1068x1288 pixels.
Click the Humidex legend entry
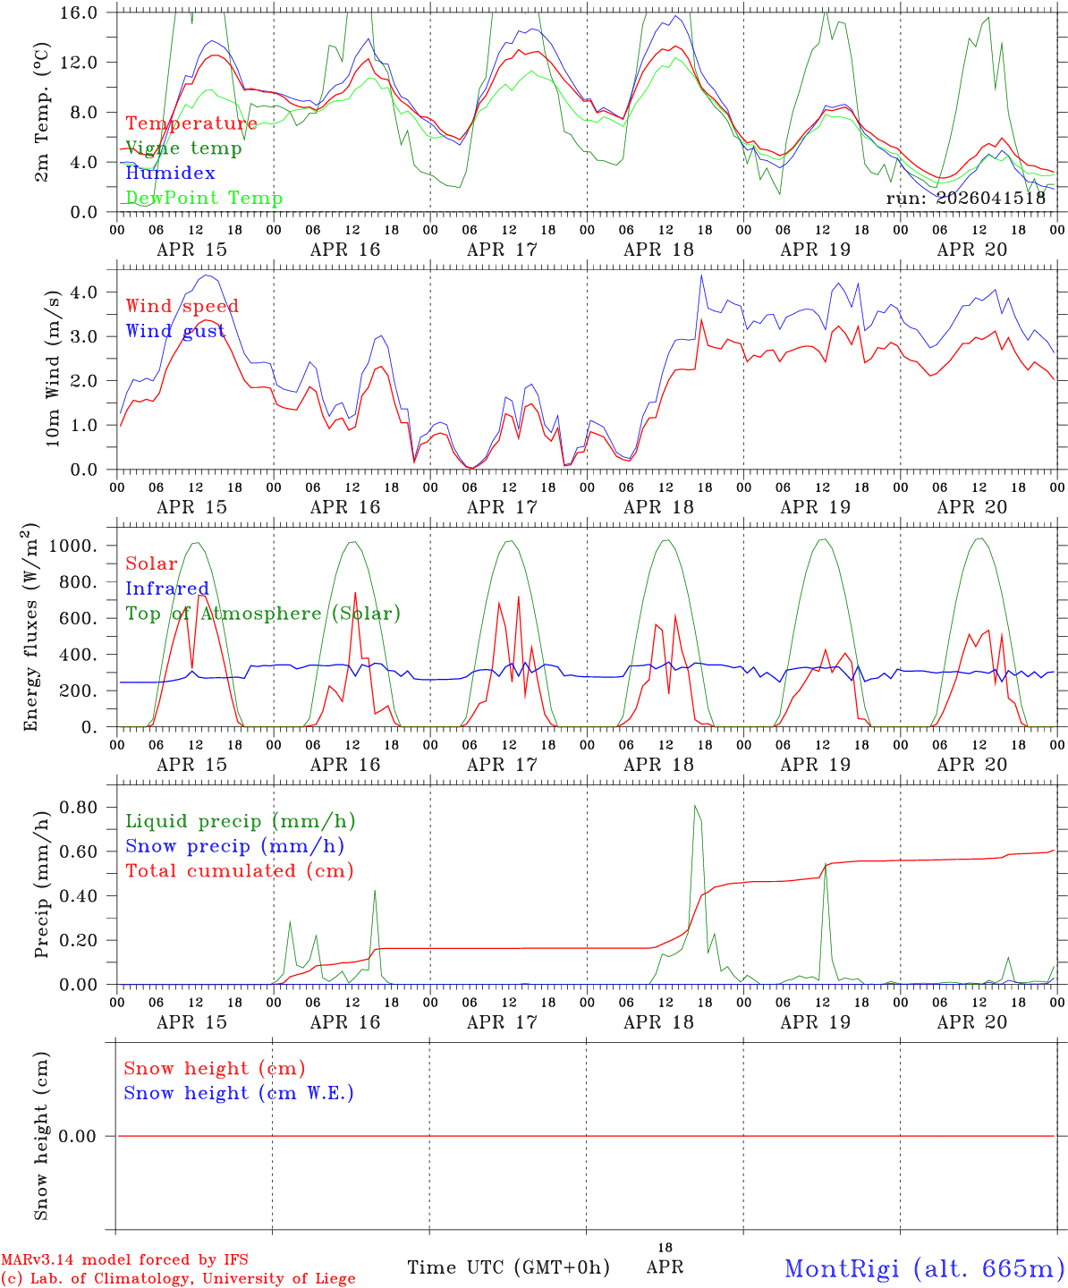pyautogui.click(x=170, y=174)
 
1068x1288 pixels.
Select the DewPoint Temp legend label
pyautogui.click(x=204, y=199)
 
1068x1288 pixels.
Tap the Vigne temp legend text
pyautogui.click(x=183, y=148)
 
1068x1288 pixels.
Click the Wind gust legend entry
pyautogui.click(x=175, y=332)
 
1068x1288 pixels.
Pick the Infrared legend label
pyautogui.click(x=166, y=589)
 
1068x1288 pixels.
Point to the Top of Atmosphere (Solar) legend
pyautogui.click(x=262, y=614)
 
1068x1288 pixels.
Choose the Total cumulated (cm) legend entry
pyautogui.click(x=239, y=871)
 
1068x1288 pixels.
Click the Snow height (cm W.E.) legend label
pyautogui.click(x=238, y=1093)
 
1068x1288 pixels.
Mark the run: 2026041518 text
pyautogui.click(x=965, y=199)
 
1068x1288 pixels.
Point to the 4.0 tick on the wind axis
pyautogui.click(x=88, y=292)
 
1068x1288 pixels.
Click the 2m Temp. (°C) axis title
pyautogui.click(x=41, y=113)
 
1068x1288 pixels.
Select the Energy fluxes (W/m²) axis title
pyautogui.click(x=32, y=626)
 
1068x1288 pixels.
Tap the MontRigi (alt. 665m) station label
pyautogui.click(x=924, y=1267)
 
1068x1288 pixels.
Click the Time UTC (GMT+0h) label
pyautogui.click(x=508, y=1267)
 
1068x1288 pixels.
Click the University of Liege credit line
pyautogui.click(x=178, y=1279)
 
